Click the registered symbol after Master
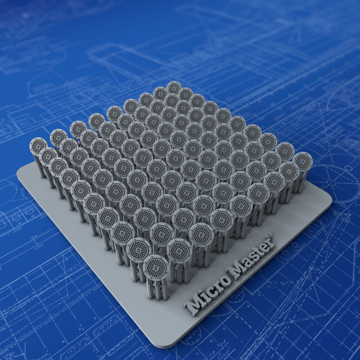[269, 236]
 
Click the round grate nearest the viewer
[156, 268]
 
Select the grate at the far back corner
[174, 88]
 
